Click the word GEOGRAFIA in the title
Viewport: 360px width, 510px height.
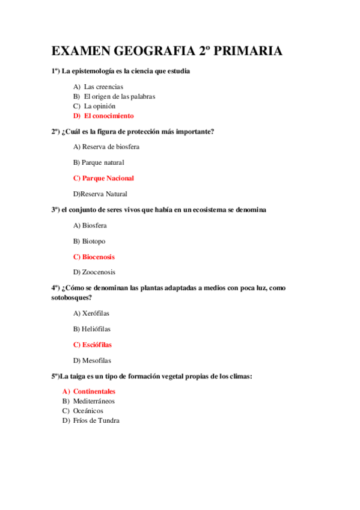click(x=147, y=52)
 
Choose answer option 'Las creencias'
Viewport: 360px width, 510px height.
click(x=103, y=87)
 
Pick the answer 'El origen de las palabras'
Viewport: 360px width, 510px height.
click(x=119, y=96)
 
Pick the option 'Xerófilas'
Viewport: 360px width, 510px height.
click(x=96, y=313)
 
